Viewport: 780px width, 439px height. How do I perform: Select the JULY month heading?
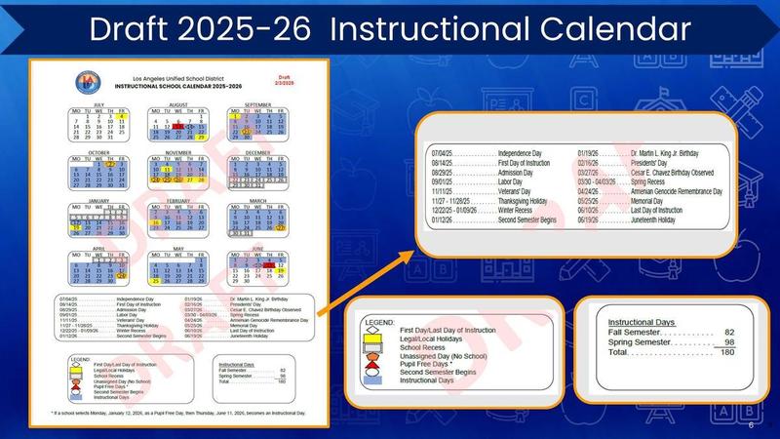coord(97,103)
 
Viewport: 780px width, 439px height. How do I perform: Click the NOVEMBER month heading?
coord(178,152)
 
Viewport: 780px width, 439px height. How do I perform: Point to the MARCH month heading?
coord(257,201)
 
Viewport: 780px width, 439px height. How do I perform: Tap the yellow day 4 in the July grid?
coord(124,117)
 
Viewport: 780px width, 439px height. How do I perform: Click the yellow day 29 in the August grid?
coord(202,138)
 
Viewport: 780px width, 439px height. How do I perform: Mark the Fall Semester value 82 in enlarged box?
coord(728,333)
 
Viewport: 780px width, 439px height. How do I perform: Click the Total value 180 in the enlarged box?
coord(727,354)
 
